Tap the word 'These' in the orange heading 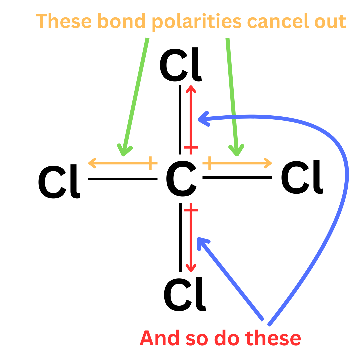64,22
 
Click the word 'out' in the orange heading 330,22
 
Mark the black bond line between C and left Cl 123,179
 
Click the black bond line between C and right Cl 237,178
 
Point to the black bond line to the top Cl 180,120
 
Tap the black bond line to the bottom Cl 181,237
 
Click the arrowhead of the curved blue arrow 202,119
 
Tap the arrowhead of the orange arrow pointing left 92,163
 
